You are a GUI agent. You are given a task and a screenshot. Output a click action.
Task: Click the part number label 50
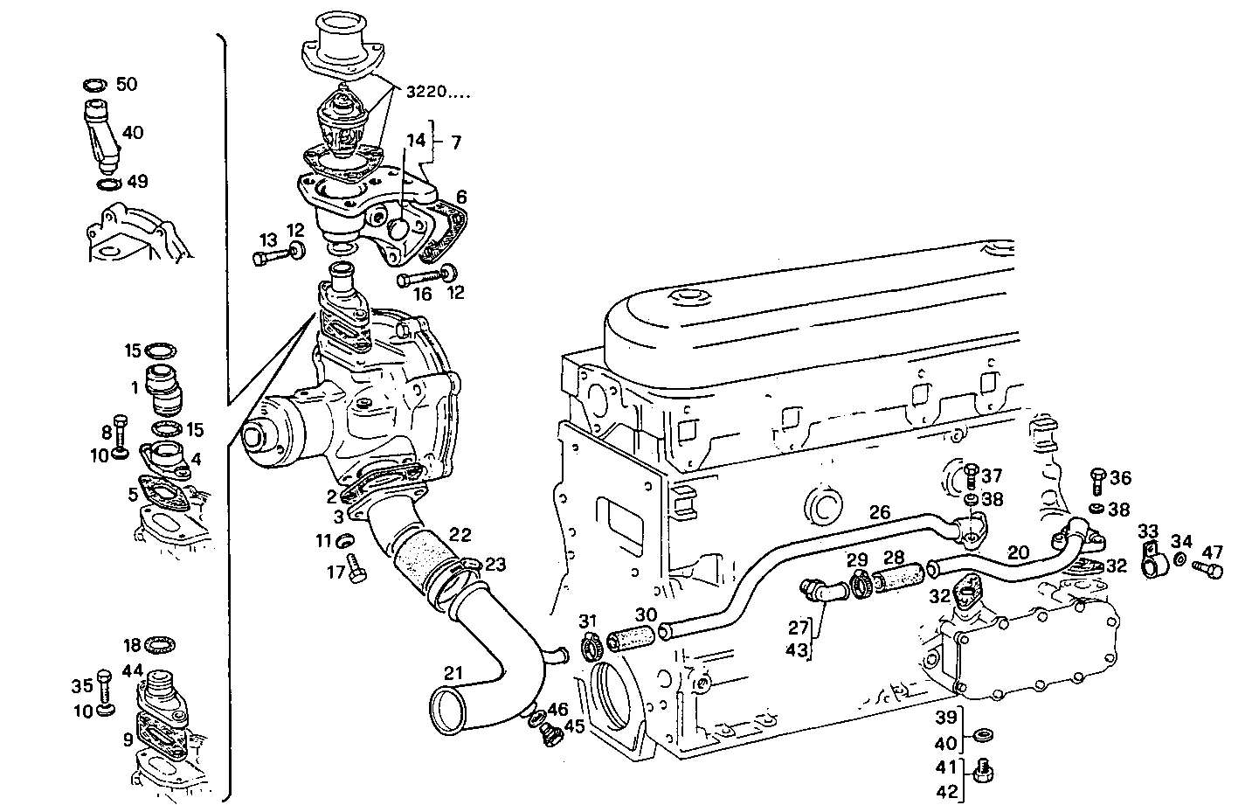coord(127,84)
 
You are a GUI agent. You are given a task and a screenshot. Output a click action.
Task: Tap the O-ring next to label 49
coord(109,184)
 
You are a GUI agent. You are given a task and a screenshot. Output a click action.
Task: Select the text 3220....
coord(426,91)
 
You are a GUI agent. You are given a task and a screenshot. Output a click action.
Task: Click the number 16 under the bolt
coord(422,295)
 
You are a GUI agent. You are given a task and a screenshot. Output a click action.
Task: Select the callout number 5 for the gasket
coord(132,494)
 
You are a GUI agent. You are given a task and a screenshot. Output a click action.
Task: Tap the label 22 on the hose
coord(460,534)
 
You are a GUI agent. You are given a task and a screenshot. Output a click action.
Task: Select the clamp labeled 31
coord(588,645)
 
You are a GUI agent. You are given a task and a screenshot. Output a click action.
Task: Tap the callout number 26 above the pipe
coord(879,511)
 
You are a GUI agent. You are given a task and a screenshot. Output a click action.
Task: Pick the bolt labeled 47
coord(1210,570)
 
